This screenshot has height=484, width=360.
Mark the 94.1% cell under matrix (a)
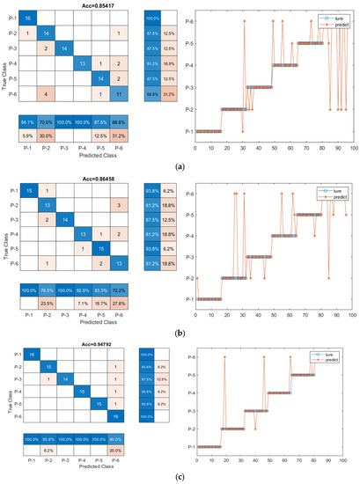pyautogui.click(x=28, y=122)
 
